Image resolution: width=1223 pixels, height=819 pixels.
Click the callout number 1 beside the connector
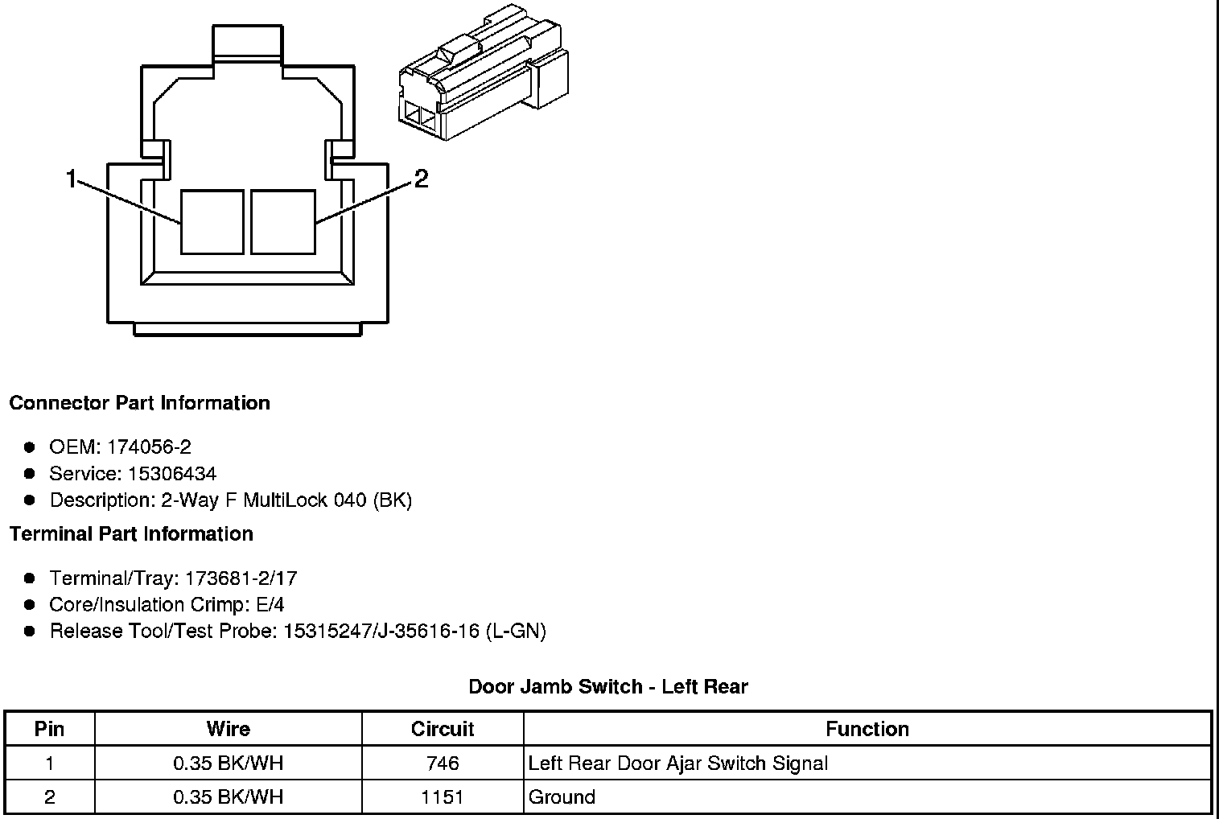point(71,179)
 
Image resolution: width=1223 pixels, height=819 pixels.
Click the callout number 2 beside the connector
point(421,179)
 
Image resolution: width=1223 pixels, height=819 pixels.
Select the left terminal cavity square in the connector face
point(212,222)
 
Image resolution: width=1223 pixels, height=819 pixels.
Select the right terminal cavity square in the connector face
point(283,222)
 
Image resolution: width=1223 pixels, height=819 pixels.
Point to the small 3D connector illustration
point(484,72)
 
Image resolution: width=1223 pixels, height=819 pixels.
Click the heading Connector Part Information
point(140,403)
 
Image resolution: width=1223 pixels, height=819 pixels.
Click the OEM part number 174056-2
point(149,447)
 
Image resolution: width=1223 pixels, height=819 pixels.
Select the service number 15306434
point(172,473)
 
